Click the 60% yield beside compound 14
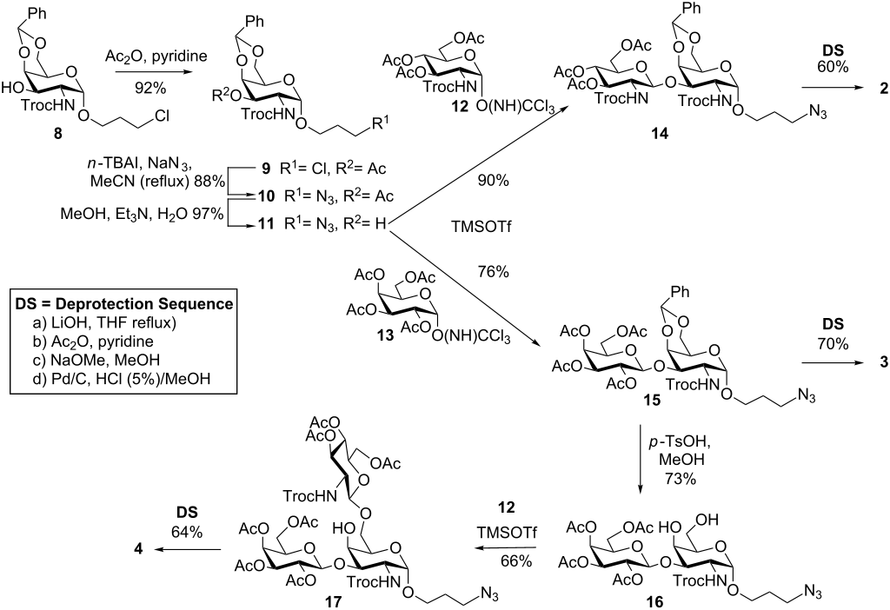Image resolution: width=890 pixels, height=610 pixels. click(825, 66)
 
